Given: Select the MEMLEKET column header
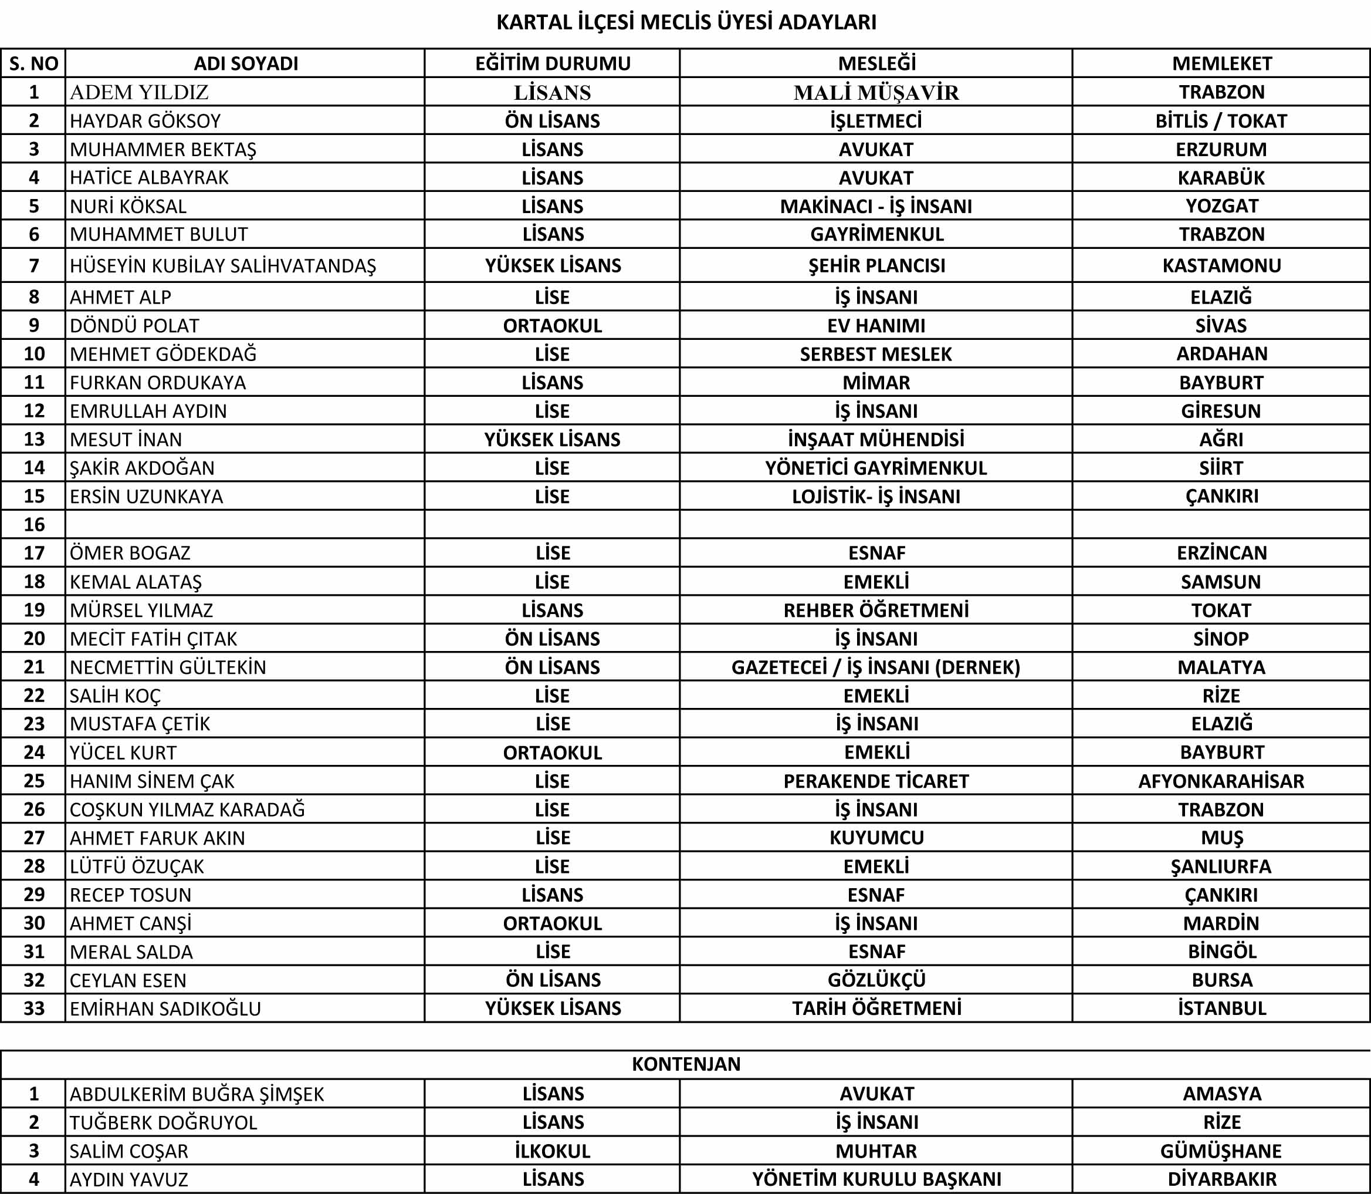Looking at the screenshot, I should click(1221, 63).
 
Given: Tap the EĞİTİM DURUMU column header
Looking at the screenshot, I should click(552, 63).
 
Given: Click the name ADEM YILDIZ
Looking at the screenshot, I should click(139, 92).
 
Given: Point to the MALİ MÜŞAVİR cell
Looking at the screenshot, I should click(876, 93).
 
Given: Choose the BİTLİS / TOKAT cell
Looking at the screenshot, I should click(1221, 120).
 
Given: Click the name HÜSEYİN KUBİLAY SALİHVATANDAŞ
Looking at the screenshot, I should click(222, 266).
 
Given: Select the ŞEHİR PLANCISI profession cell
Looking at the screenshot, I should click(876, 265).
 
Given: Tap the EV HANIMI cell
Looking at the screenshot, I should click(876, 325).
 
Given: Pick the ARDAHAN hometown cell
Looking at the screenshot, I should click(1221, 354).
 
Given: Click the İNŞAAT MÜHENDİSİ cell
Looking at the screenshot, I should click(876, 439).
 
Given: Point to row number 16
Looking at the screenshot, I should click(34, 524).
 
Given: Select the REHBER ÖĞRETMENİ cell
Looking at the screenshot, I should click(876, 610).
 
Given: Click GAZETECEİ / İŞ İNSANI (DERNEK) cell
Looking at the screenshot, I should click(876, 667).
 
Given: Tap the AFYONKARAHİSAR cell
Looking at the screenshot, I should click(1221, 781).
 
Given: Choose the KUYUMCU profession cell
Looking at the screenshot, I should click(876, 838).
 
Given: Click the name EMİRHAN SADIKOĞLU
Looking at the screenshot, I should click(165, 1009).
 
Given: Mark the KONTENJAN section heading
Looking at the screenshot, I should click(686, 1064).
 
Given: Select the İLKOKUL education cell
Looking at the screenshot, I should click(552, 1151).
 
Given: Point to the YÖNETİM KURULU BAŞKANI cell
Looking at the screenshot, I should click(876, 1179).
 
